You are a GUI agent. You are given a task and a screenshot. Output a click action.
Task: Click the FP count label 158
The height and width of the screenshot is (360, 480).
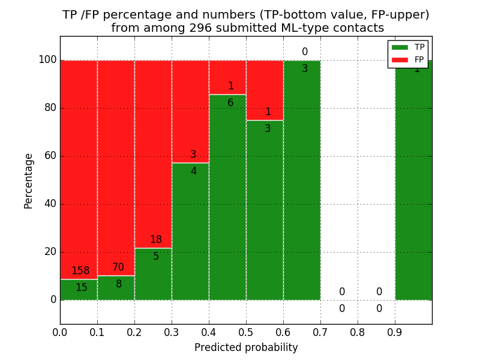[81, 271]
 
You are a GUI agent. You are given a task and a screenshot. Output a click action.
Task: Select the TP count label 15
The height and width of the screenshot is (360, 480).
[81, 288]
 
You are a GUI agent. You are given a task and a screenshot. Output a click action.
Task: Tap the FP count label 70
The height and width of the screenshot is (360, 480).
[118, 268]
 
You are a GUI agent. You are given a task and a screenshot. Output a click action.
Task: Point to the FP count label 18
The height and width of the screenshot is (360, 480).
[155, 240]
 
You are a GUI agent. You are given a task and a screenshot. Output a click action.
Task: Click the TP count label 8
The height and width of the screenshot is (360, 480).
[118, 284]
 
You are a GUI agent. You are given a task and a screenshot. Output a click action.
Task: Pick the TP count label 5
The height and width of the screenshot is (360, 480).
[155, 257]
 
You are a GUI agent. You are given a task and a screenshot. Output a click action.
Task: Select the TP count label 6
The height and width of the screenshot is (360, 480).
[230, 103]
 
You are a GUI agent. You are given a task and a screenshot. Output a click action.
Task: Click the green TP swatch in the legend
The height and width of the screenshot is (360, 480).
[400, 47]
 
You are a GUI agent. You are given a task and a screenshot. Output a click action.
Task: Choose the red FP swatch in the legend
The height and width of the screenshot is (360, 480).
[400, 59]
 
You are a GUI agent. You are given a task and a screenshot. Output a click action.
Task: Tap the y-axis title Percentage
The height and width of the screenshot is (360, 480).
[29, 181]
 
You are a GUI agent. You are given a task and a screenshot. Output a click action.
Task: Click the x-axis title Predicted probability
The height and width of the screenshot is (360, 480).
[246, 348]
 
